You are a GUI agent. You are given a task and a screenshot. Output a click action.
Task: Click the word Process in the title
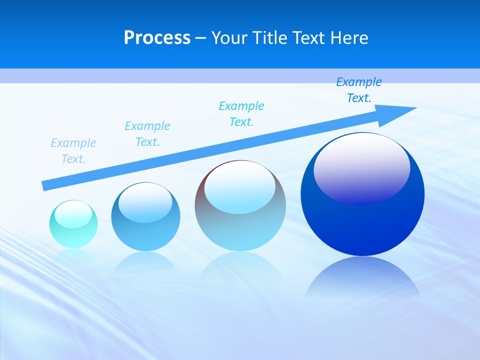pos(157,38)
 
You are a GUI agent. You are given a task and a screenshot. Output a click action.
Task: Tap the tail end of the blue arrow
pos(45,185)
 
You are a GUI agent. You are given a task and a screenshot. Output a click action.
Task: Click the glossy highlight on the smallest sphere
pos(73,214)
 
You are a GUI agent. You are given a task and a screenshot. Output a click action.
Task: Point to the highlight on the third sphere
pos(240,187)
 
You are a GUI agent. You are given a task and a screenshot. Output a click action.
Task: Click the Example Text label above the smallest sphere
pos(73,151)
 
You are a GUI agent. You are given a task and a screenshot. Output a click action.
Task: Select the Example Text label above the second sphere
pos(147,134)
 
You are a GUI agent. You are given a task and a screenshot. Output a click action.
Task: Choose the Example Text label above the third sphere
pos(241,114)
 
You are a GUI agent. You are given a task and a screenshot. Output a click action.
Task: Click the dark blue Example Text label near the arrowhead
pos(359,90)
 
